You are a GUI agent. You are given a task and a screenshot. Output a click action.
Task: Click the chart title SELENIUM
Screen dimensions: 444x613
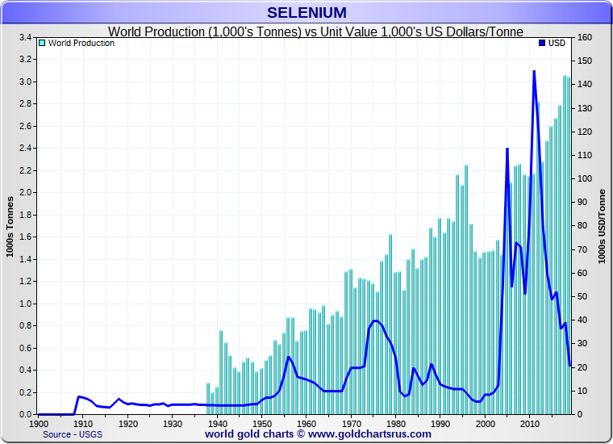coord(306,13)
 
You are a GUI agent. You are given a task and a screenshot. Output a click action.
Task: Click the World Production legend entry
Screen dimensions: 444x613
coord(81,43)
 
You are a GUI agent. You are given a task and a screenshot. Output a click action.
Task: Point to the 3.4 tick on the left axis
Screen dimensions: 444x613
coord(24,38)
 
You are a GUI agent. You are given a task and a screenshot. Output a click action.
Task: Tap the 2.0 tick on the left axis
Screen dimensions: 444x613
coord(24,193)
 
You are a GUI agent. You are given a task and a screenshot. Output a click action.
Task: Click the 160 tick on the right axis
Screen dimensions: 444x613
coord(586,38)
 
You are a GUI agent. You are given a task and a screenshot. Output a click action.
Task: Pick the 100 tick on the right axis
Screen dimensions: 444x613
coord(586,179)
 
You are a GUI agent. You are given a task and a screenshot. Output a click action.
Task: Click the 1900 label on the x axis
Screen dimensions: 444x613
coord(38,423)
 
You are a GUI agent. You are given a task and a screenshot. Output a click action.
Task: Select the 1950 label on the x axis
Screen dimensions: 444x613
coord(261,423)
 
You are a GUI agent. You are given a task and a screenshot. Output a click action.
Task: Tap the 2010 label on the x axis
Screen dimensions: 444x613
coord(529,423)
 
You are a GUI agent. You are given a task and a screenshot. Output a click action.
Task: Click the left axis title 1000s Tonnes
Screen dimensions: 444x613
coord(10,226)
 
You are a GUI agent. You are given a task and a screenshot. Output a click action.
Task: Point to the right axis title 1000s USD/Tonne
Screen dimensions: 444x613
coord(603,226)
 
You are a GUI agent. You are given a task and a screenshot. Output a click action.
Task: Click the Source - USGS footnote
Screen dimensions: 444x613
coord(73,434)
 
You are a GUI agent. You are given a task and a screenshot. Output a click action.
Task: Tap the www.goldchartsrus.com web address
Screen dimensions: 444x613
coord(370,434)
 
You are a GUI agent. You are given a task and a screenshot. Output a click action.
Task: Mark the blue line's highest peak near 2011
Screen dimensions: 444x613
coord(534,71)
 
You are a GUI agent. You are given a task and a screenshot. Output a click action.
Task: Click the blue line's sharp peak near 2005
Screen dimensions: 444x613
coord(507,149)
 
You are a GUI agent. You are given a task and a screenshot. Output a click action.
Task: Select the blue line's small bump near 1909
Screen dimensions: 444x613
coord(79,396)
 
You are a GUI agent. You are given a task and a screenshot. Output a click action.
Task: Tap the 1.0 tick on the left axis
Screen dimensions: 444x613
coord(24,304)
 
